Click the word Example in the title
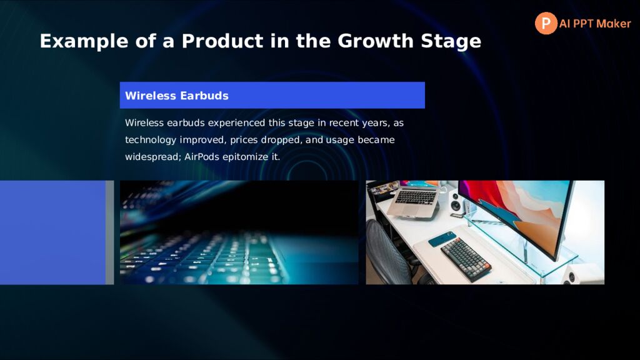84,41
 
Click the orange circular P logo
546,23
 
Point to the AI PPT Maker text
595,24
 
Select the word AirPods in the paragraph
202,157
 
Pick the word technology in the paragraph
151,140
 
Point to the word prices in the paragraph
244,140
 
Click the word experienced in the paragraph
236,123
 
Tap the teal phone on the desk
442,239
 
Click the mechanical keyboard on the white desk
466,259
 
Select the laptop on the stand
413,199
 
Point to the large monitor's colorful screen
515,213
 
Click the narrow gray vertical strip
110,232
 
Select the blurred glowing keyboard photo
239,232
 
